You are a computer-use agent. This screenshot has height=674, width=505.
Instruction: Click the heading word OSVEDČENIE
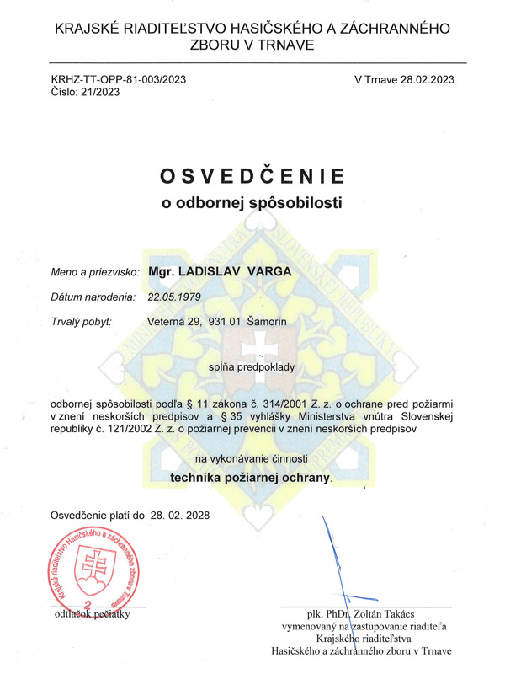point(252,176)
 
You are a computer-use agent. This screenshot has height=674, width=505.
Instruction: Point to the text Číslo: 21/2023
point(85,93)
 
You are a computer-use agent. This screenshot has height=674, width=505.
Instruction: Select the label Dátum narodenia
point(93,297)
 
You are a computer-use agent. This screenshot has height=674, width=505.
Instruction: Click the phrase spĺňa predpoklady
point(252,367)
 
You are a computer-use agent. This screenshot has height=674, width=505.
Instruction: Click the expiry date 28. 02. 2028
point(179,514)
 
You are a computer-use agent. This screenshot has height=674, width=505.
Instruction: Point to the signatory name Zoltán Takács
point(389,615)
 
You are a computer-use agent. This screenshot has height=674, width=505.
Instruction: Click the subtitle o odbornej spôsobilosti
point(252,202)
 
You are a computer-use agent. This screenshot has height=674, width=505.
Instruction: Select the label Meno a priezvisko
point(96,274)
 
